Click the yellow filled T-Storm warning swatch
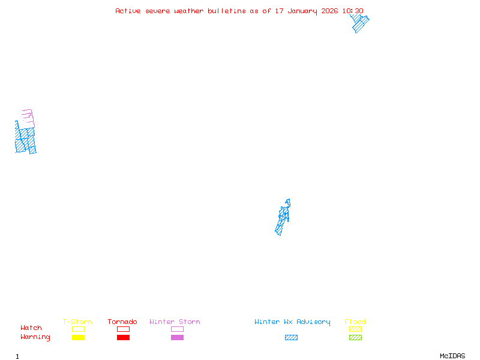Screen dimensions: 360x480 tap(78, 338)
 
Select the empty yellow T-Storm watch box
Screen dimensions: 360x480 tap(78, 329)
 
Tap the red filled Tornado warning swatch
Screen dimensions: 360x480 tap(123, 338)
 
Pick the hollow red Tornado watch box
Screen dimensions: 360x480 tap(123, 329)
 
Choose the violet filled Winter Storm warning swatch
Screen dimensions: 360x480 tap(177, 338)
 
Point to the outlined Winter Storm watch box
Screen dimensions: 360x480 tap(177, 329)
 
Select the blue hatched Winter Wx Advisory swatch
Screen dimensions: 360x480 tap(291, 338)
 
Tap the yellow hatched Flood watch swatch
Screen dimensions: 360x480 tap(355, 329)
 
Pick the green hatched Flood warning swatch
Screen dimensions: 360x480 tap(355, 338)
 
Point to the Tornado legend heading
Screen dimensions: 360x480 tap(122, 322)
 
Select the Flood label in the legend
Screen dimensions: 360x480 tap(355, 322)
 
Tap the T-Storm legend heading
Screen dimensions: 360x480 tap(77, 322)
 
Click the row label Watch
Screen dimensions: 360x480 tap(31, 328)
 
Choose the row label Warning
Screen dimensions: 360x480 tap(35, 337)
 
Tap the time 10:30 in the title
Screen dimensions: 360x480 tap(353, 11)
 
